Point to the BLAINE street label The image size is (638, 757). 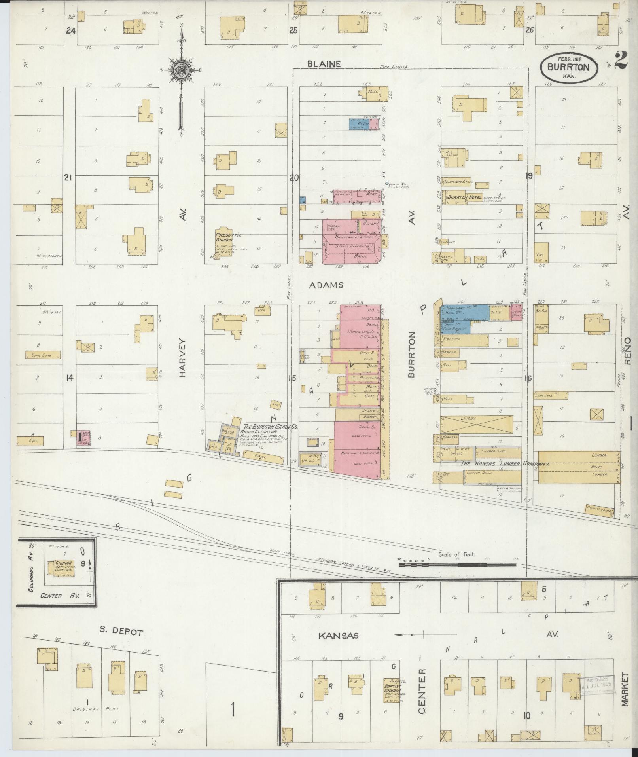point(325,64)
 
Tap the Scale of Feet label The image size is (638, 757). point(456,554)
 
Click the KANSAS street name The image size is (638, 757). point(339,636)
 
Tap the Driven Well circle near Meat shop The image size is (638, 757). point(387,184)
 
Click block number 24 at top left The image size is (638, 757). point(71,30)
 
